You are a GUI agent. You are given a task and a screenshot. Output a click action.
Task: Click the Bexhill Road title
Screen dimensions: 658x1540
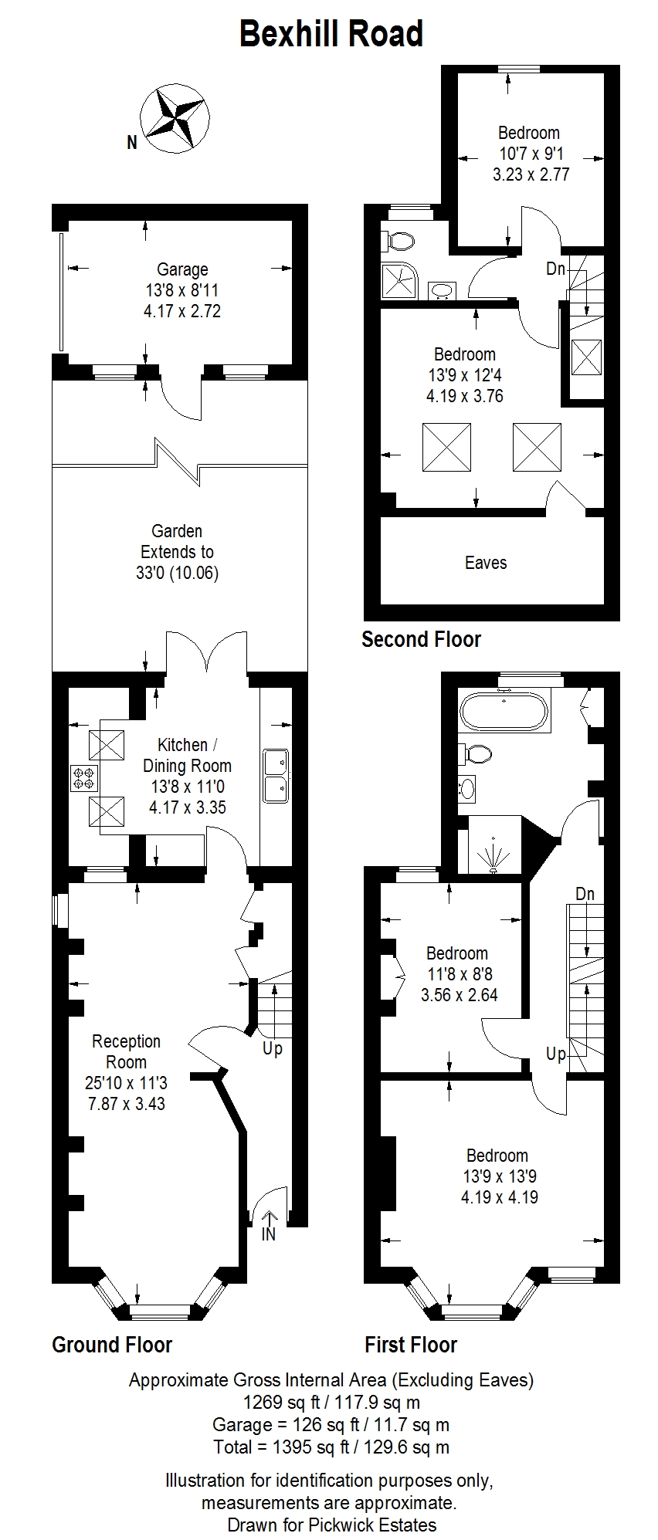click(x=331, y=35)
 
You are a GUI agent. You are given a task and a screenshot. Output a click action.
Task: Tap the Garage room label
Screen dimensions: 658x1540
click(x=182, y=269)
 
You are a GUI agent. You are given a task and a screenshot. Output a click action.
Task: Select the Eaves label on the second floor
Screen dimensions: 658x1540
click(x=486, y=563)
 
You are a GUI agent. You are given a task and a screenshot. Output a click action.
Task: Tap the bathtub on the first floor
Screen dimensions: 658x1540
click(x=504, y=711)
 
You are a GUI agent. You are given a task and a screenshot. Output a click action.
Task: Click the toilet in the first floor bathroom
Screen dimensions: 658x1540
click(x=476, y=753)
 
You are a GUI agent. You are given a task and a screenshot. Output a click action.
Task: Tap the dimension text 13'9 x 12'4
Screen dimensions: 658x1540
click(x=465, y=375)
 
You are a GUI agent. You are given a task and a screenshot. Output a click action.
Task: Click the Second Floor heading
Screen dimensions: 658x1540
click(x=422, y=639)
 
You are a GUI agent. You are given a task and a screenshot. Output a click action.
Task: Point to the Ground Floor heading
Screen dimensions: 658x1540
click(x=112, y=1345)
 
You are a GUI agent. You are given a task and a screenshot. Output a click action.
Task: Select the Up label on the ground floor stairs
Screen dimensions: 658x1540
click(x=273, y=1049)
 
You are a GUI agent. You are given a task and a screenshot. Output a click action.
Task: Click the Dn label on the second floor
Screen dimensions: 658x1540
click(x=556, y=269)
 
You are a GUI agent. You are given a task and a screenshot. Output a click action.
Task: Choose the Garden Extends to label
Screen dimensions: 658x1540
click(x=178, y=541)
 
